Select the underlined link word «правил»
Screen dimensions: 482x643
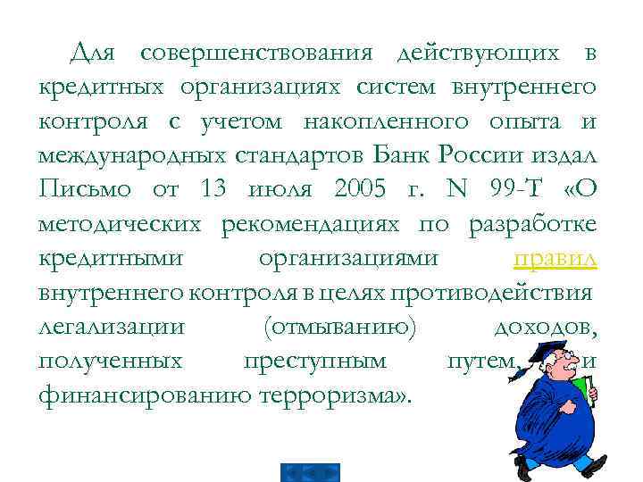tap(555, 258)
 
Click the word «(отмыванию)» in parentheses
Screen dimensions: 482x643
tap(340, 326)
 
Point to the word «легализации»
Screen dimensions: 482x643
tap(113, 326)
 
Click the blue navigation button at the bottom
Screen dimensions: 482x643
tap(310, 472)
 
